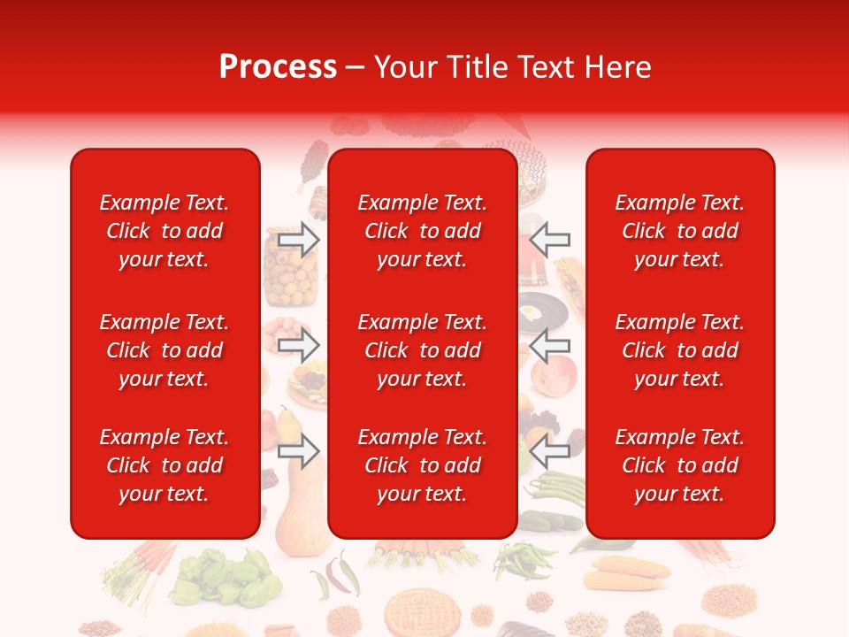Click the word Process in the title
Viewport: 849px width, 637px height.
278,67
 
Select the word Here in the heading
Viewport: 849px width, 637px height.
616,67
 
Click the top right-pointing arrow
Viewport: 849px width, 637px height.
298,240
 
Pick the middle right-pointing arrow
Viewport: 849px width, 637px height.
298,344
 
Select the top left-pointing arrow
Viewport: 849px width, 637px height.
550,240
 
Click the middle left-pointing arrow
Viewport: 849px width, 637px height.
550,344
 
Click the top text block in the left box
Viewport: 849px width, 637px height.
164,231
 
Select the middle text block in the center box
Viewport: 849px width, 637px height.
422,350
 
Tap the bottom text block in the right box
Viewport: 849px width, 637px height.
679,465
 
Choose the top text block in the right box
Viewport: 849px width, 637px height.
679,231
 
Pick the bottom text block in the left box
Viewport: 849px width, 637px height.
164,465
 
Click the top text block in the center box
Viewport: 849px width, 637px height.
422,231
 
